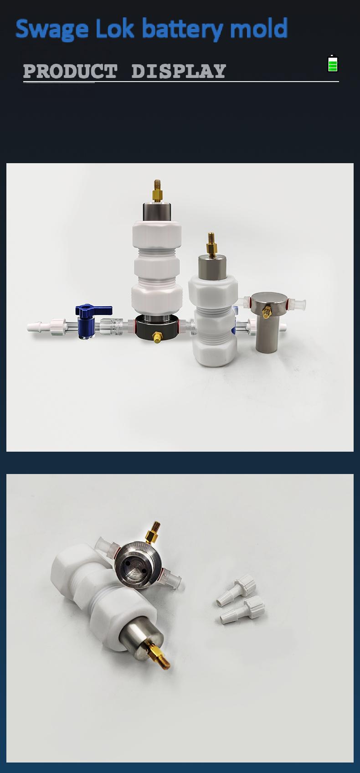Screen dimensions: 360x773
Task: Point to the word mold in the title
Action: point(258,28)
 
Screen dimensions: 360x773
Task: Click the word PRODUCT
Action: point(71,71)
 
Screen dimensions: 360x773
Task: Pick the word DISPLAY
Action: point(179,71)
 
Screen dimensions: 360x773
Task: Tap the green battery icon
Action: point(332,63)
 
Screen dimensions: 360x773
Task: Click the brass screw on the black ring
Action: point(157,337)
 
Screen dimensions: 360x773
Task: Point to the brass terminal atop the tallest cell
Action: point(157,191)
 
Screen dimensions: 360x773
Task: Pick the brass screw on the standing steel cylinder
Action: point(267,312)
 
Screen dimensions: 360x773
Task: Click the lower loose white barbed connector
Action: point(242,610)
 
